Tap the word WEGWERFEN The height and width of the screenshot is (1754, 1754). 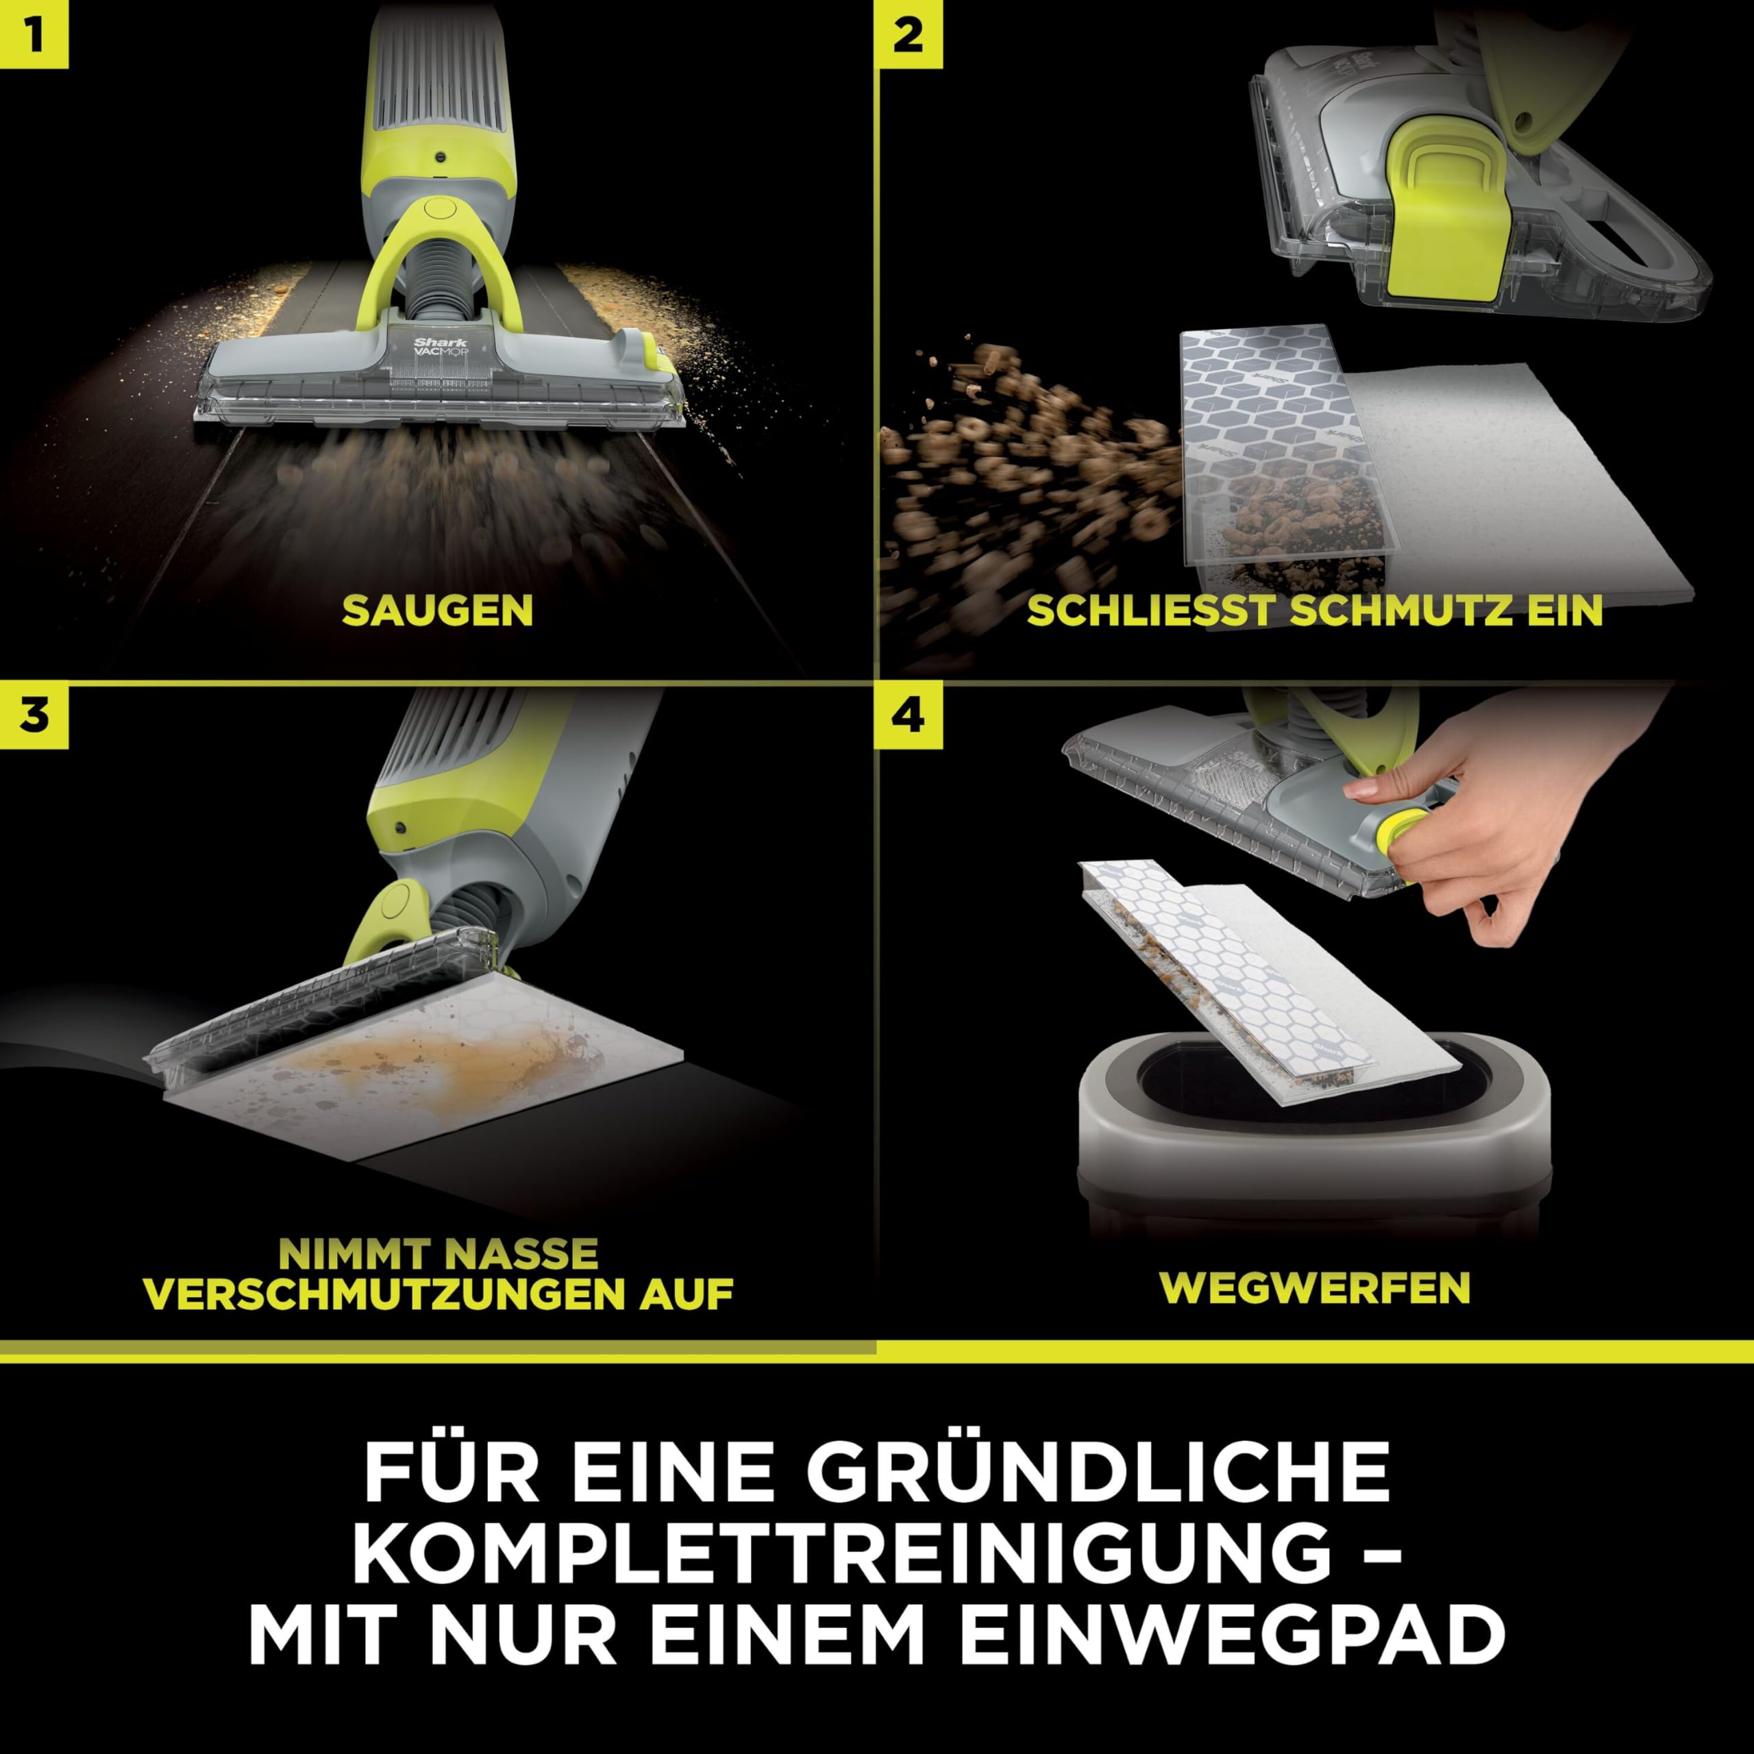1315,1287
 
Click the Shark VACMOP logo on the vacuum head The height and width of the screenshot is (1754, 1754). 441,347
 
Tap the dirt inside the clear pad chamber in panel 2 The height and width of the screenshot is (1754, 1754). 1307,527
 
